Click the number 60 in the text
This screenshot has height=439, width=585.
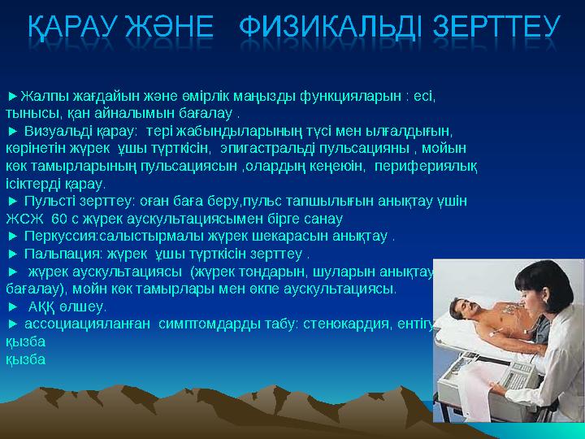(59, 219)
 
